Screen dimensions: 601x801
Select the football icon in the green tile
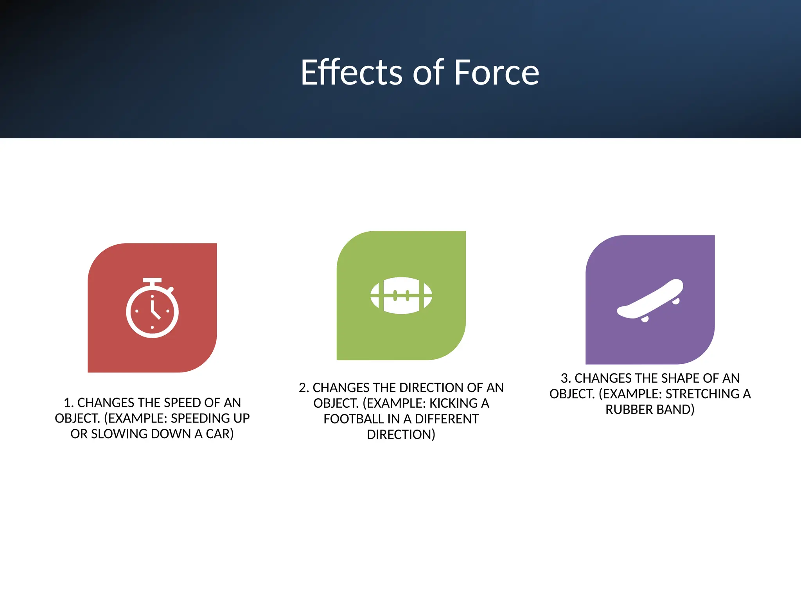pyautogui.click(x=401, y=295)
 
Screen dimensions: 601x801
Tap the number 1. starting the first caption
pyautogui.click(x=68, y=403)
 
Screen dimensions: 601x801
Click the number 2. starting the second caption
pyautogui.click(x=304, y=388)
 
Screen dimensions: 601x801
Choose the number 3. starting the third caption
pyautogui.click(x=566, y=378)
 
